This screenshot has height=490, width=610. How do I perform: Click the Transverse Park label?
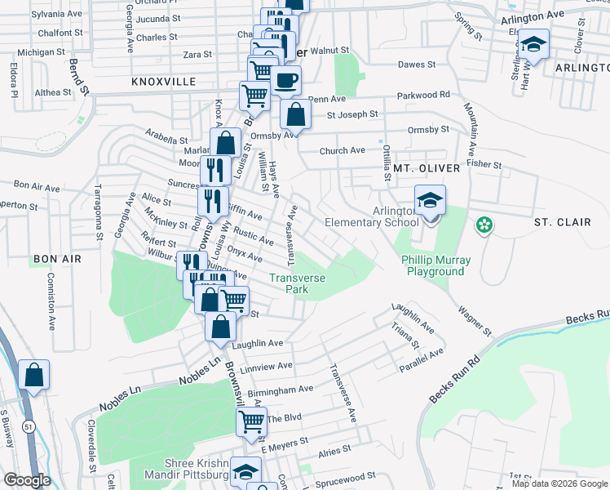(x=298, y=283)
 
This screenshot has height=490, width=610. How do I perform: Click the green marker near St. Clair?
(x=484, y=224)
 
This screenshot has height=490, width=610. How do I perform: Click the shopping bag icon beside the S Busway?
(x=34, y=376)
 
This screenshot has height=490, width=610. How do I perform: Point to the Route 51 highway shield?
(x=29, y=425)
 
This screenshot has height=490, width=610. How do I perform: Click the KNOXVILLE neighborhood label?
(x=163, y=82)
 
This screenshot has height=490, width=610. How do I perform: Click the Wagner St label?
(x=475, y=320)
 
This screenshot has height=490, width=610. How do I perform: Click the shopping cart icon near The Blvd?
(x=252, y=422)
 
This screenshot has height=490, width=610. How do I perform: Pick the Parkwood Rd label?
(x=424, y=95)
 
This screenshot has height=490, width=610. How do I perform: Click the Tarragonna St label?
(x=97, y=209)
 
